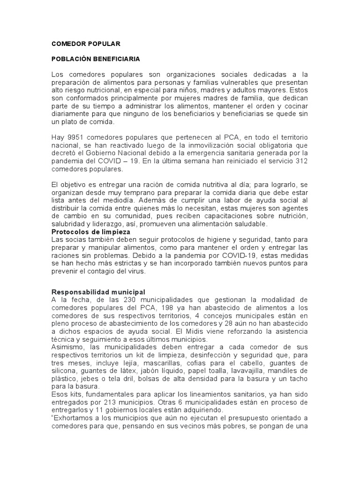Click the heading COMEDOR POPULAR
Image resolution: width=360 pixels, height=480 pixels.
click(x=86, y=44)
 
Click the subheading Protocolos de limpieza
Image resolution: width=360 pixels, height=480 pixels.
click(x=90, y=232)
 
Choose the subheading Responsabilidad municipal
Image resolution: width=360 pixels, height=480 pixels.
click(x=98, y=292)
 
